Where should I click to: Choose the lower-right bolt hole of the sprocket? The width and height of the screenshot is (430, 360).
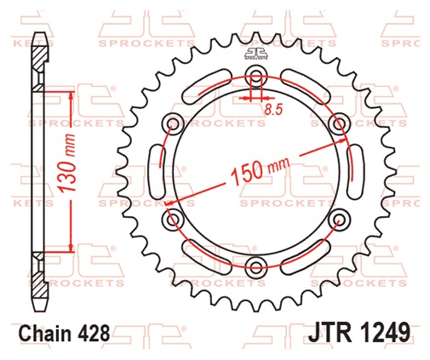coord(338,221)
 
